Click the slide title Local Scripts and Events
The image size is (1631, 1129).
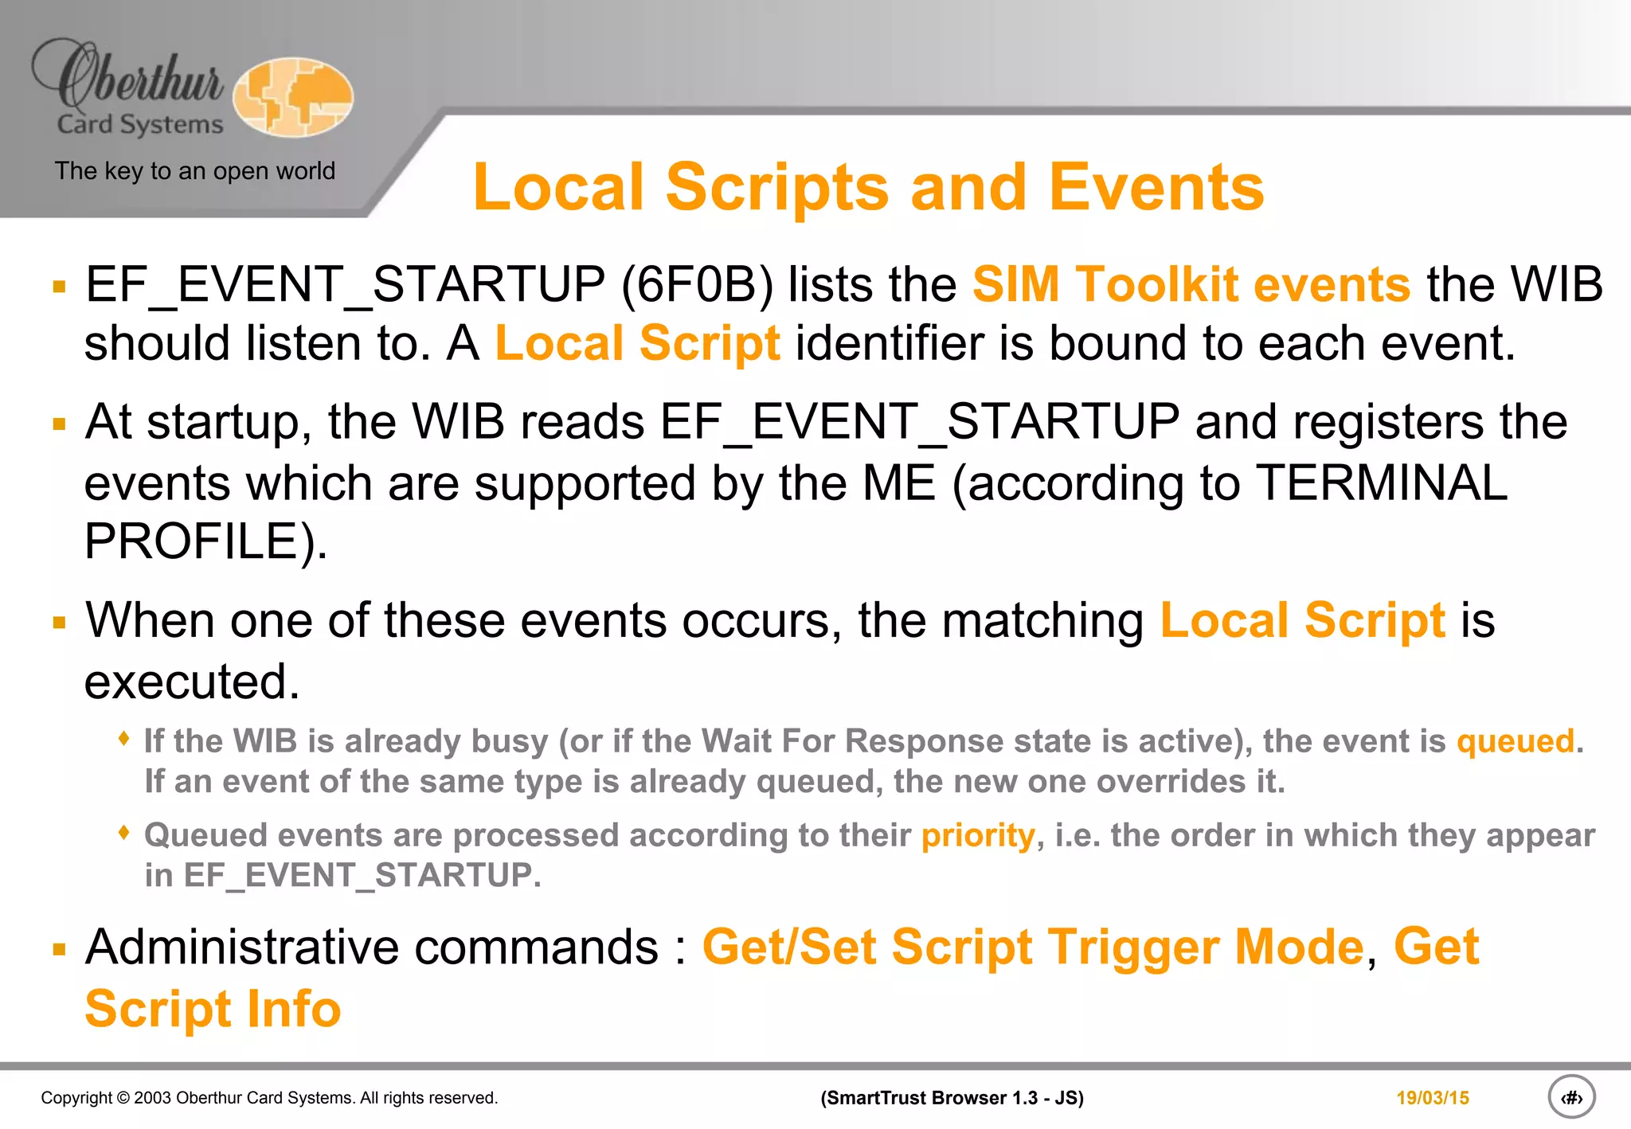coord(868,187)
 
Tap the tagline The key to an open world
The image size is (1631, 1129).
coord(195,171)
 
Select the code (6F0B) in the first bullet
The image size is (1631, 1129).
coord(697,284)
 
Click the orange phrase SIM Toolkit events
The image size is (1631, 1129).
coord(1191,284)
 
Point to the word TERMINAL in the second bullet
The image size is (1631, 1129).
coord(1382,483)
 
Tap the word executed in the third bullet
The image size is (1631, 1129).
coord(192,682)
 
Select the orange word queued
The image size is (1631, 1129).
coord(1516,741)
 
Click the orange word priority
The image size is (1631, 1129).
coord(977,835)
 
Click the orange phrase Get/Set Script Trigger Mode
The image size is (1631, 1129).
coord(1033,947)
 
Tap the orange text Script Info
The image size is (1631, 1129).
coord(213,1009)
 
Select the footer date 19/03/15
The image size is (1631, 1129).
coord(1432,1098)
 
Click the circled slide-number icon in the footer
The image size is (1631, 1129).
coord(1571,1098)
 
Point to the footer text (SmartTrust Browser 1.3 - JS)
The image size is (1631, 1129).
coord(952,1098)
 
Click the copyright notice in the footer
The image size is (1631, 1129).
coord(269,1098)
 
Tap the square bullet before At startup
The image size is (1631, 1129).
coord(59,424)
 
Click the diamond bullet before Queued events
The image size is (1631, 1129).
coord(123,833)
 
